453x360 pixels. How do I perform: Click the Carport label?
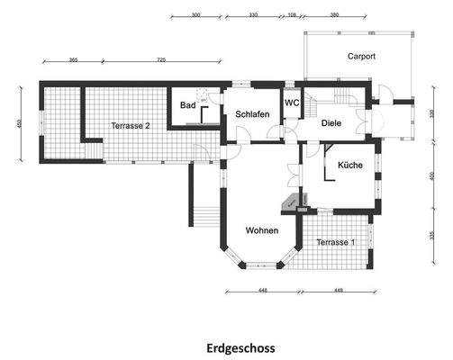click(361, 56)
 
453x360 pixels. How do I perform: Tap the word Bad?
click(187, 105)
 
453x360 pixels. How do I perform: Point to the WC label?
click(293, 103)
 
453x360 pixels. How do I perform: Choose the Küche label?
click(350, 166)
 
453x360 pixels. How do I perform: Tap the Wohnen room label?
click(263, 230)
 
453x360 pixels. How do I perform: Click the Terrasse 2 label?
click(131, 126)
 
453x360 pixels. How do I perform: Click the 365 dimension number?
click(73, 59)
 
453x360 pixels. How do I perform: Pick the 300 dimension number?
click(195, 16)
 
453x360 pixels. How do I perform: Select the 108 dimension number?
click(291, 16)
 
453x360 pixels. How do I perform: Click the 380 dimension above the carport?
click(335, 16)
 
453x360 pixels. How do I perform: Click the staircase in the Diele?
click(342, 96)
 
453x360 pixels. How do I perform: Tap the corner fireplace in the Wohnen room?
click(291, 203)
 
